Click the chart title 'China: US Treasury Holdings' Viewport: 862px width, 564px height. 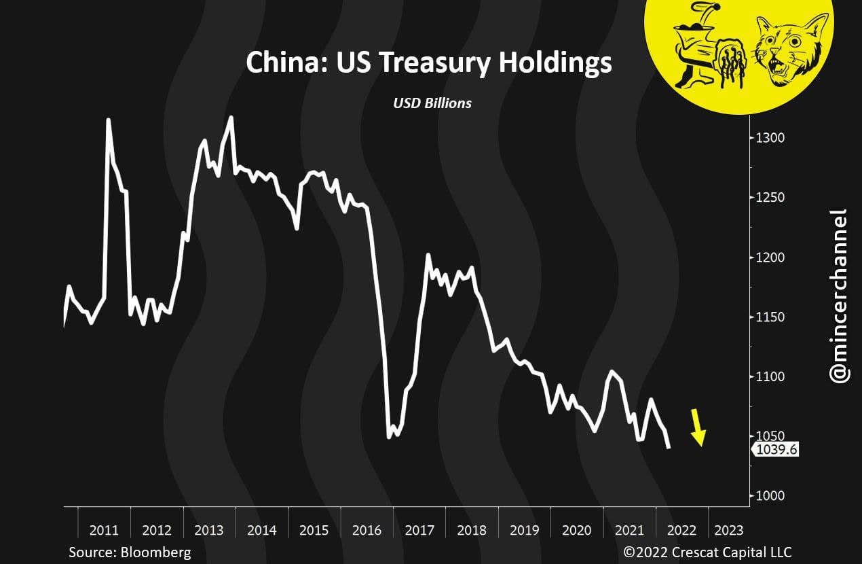428,63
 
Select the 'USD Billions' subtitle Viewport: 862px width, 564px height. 432,103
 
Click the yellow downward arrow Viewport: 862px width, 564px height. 697,428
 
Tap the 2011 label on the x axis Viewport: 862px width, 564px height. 104,530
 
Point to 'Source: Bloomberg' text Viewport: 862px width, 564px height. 130,552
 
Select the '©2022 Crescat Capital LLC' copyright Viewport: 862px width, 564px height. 707,552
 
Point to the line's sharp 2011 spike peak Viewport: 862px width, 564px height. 109,120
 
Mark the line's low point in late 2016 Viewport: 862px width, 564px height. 389,437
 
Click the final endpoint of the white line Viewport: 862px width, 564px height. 669,448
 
